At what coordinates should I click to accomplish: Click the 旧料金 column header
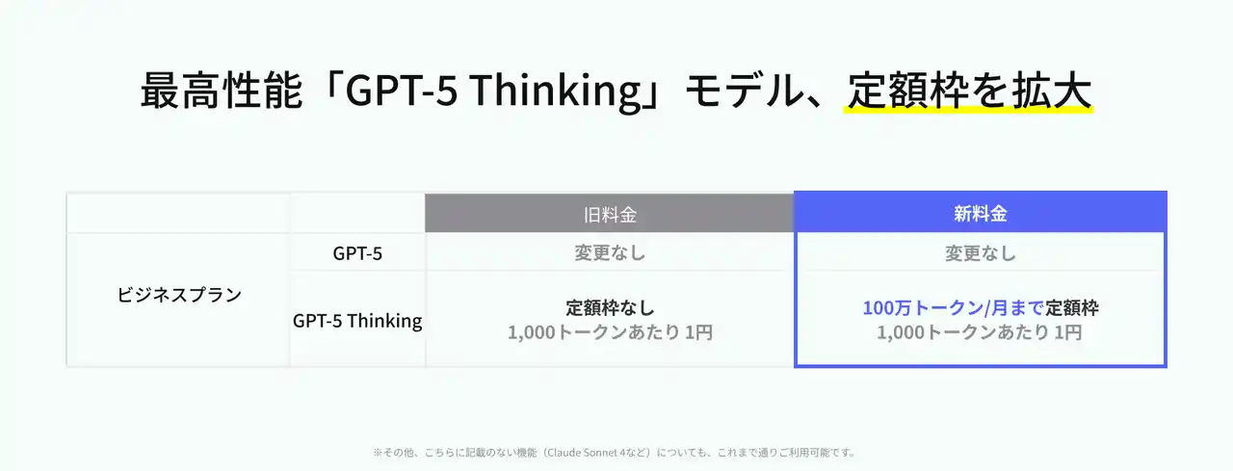click(x=610, y=215)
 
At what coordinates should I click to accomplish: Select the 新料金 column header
click(x=981, y=214)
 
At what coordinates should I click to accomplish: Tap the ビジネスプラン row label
click(x=179, y=295)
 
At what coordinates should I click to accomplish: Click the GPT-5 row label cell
click(x=357, y=253)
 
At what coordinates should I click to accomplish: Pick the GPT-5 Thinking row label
click(x=357, y=320)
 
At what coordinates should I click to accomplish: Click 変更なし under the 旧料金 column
click(x=610, y=253)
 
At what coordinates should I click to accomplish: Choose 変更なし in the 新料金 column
click(x=981, y=253)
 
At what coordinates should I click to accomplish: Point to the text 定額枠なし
click(x=610, y=307)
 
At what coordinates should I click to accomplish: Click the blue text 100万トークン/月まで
click(x=953, y=307)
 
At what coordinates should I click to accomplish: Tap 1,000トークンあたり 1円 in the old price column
click(x=610, y=332)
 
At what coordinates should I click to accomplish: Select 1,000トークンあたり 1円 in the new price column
click(x=980, y=332)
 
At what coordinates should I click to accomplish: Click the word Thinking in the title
click(x=556, y=91)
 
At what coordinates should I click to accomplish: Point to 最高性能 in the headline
click(x=222, y=90)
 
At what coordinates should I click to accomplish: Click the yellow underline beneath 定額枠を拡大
click(x=968, y=110)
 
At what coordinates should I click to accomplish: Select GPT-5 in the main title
click(x=402, y=90)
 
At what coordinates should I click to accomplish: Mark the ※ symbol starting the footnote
click(x=378, y=453)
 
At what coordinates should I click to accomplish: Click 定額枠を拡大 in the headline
click(x=969, y=90)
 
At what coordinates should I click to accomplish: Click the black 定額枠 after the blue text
click(x=1072, y=307)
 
